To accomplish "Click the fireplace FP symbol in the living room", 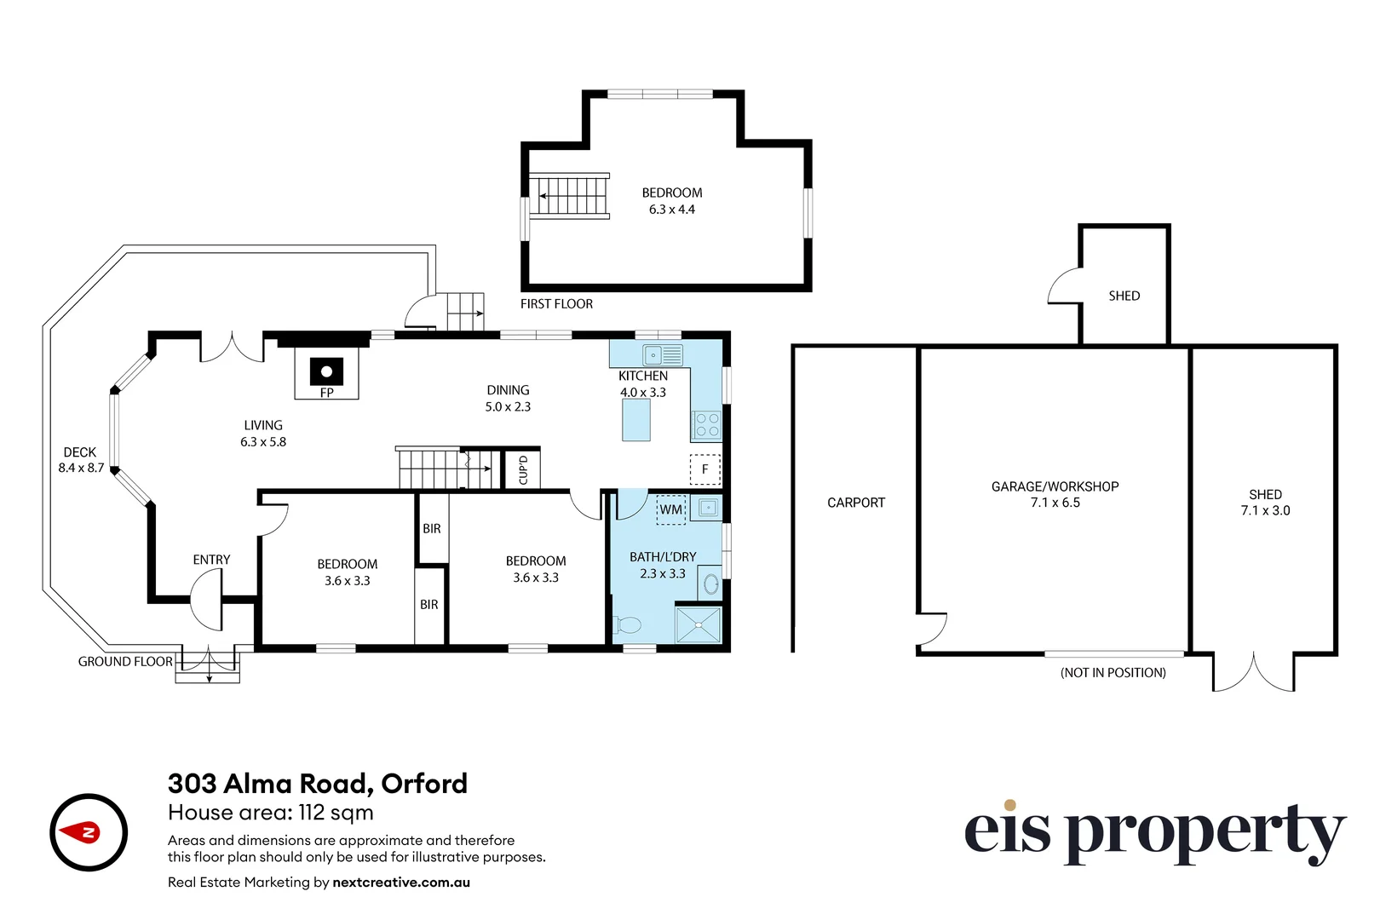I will coord(326,373).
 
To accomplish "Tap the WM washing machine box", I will coord(671,509).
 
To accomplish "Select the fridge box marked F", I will coord(704,469).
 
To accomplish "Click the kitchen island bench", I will coord(636,420).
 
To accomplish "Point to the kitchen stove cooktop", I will coord(707,424).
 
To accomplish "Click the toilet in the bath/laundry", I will coord(627,625).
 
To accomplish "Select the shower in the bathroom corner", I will coord(699,624).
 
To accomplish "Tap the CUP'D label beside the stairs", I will coord(523,469).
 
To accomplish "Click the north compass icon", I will coord(89,832).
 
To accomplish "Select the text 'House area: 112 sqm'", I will coord(271,813).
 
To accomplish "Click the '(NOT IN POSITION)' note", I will coord(1113,673).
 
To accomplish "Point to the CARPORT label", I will coord(856,503).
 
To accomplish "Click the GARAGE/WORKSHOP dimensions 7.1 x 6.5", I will coord(1055,503).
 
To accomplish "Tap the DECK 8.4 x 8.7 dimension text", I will coord(81,468).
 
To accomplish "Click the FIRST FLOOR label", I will coord(556,304).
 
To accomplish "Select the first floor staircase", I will coord(570,196).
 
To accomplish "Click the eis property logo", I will coord(1153,832).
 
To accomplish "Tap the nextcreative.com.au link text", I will coord(401,883).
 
